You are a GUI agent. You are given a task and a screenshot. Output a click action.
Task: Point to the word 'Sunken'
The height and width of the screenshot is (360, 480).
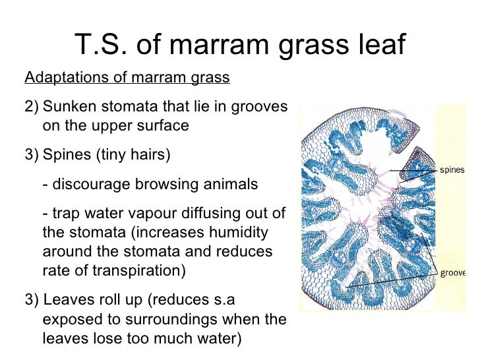click(x=68, y=107)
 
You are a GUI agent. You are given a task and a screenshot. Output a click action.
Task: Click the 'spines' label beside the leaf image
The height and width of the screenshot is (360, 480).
click(x=452, y=169)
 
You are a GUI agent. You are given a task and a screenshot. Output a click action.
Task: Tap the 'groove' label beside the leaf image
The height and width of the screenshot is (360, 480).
click(x=453, y=272)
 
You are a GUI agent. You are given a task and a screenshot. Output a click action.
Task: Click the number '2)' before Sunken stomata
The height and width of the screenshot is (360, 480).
click(x=32, y=107)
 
